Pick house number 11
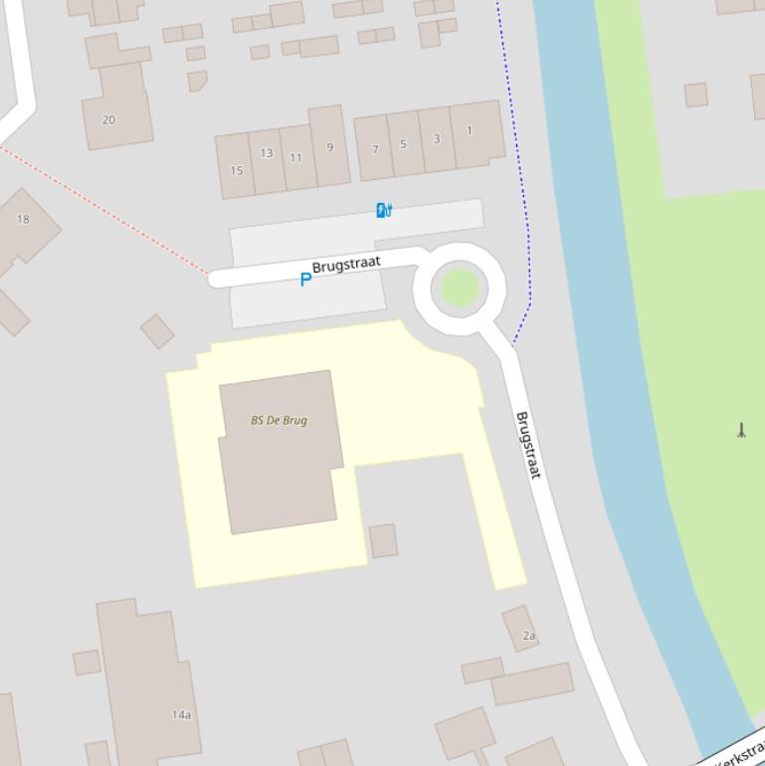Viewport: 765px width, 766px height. point(296,157)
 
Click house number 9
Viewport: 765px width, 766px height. point(329,147)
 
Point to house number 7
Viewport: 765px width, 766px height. point(375,149)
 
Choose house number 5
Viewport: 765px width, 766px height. point(403,143)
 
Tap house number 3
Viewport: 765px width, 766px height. point(436,138)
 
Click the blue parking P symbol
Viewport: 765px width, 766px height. point(305,280)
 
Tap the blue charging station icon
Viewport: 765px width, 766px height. point(384,210)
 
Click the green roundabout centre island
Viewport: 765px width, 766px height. point(460,287)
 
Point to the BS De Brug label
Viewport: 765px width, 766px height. point(279,420)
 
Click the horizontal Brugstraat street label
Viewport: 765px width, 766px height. point(346,266)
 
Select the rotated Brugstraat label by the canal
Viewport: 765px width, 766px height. point(528,445)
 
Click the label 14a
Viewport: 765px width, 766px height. point(181,714)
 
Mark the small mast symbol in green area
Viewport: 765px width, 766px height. point(741,431)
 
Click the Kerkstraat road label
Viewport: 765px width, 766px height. point(740,752)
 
